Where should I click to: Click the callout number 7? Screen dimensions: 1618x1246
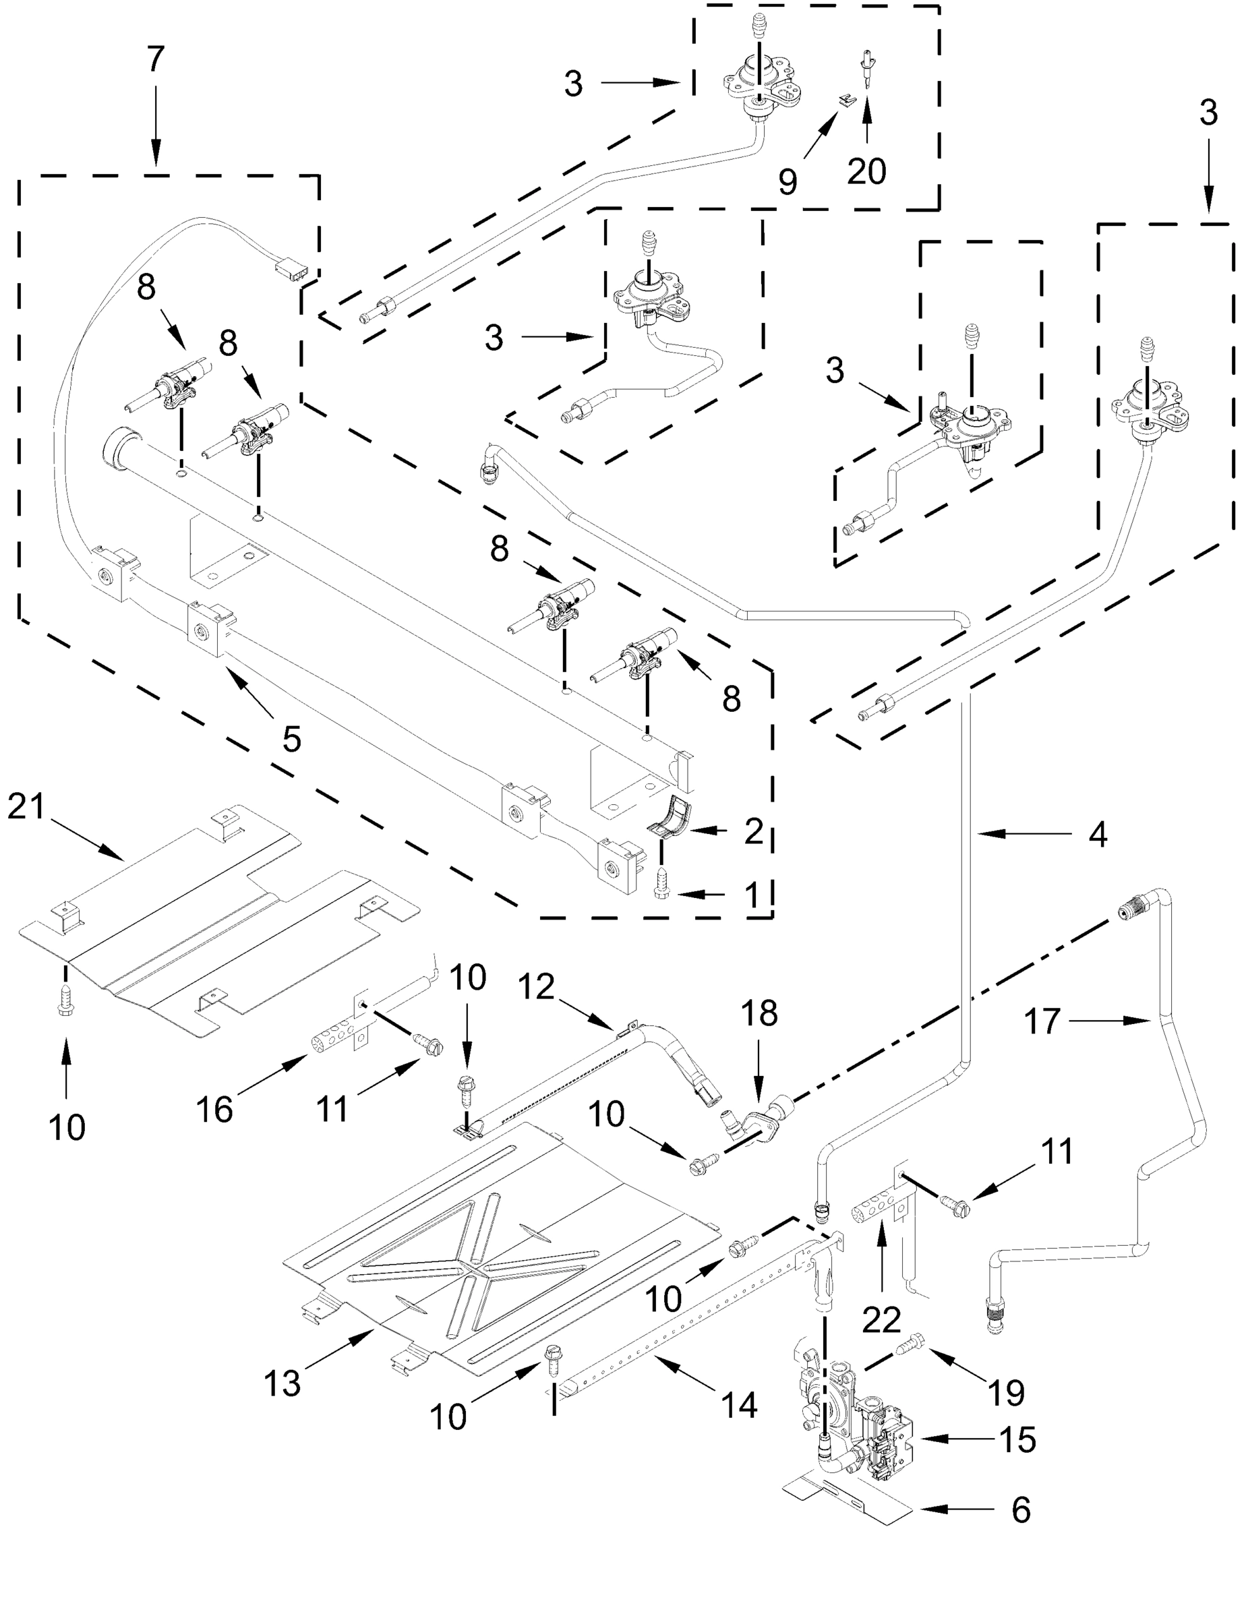(x=154, y=60)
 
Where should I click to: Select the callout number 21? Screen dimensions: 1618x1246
(x=27, y=807)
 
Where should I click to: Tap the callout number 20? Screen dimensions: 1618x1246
(x=866, y=172)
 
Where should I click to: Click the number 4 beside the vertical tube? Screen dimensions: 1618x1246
(x=1097, y=834)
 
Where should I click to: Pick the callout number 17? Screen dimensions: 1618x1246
(x=1042, y=1022)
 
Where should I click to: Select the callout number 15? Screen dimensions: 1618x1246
(x=1017, y=1440)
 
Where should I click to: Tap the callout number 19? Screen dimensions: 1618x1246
(x=1006, y=1393)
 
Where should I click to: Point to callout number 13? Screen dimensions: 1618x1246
(x=283, y=1383)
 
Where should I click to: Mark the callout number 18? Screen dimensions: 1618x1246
(x=759, y=1013)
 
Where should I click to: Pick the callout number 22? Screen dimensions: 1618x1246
(x=881, y=1319)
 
